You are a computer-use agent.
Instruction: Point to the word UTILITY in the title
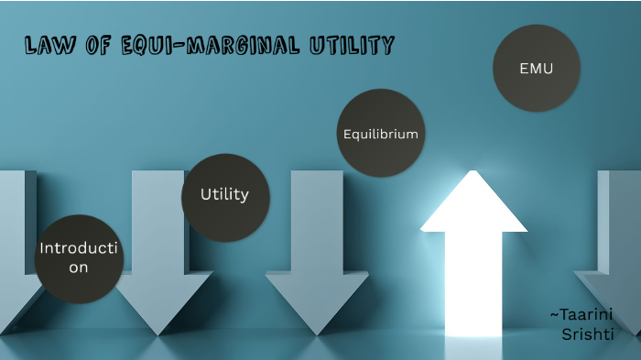[x=353, y=45]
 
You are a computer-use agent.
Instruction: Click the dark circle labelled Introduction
[x=79, y=258]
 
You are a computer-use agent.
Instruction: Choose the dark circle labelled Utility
[x=225, y=196]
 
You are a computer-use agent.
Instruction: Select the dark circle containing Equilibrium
[x=380, y=134]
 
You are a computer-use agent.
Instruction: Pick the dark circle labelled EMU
[x=536, y=68]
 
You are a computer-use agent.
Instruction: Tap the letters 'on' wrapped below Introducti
[x=79, y=267]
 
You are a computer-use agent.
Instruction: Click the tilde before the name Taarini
[x=552, y=314]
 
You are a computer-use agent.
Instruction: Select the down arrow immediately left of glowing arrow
[x=317, y=256]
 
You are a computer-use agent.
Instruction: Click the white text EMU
[x=536, y=68]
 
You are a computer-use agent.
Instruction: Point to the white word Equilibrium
[x=380, y=134]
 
